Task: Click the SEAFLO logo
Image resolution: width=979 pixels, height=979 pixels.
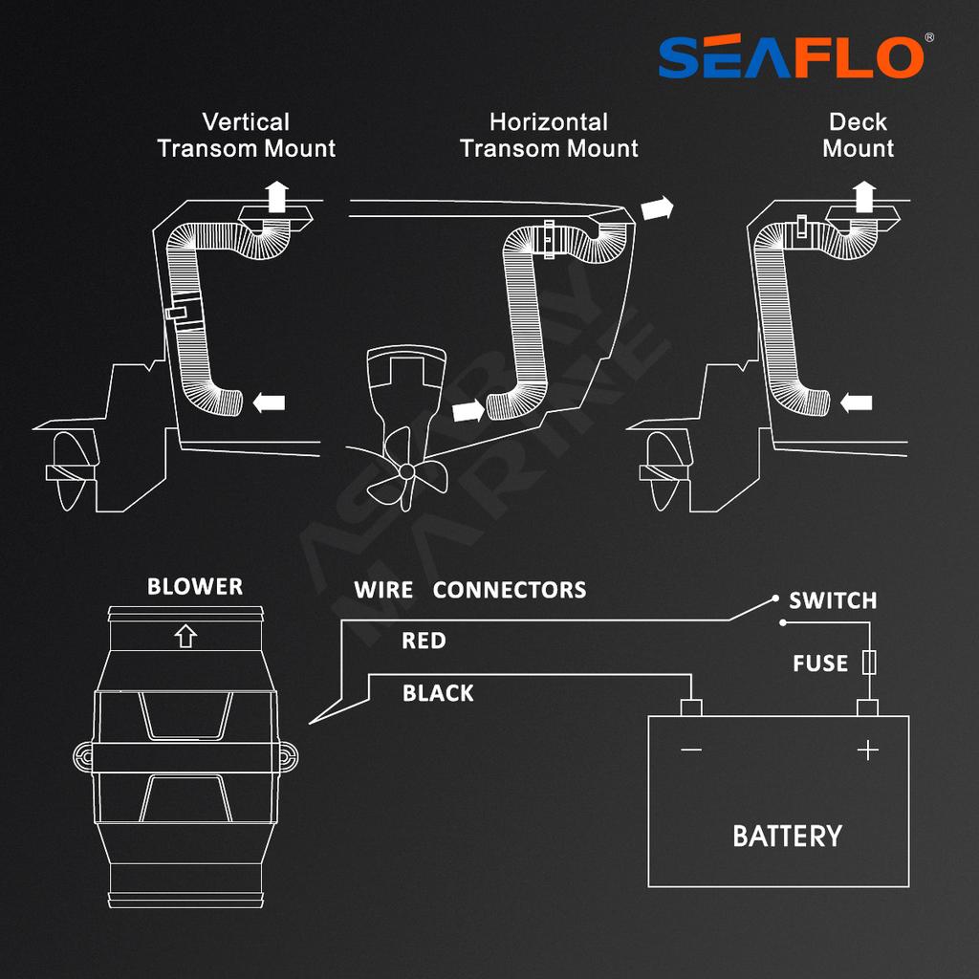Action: pyautogui.click(x=790, y=57)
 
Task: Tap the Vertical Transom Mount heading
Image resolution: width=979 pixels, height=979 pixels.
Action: pyautogui.click(x=247, y=136)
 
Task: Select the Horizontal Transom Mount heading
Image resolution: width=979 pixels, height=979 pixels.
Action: pyautogui.click(x=549, y=136)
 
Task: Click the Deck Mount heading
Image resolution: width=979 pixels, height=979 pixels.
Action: pyautogui.click(x=858, y=136)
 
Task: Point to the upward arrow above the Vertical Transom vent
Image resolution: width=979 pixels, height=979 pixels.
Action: pyautogui.click(x=277, y=195)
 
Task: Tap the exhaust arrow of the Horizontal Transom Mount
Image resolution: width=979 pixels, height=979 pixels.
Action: pyautogui.click(x=656, y=207)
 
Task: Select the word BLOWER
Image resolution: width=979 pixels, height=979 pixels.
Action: pyautogui.click(x=195, y=587)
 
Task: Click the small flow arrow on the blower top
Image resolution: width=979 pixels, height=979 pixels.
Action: pyautogui.click(x=186, y=634)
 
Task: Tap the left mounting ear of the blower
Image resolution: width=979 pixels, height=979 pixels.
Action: pyautogui.click(x=83, y=757)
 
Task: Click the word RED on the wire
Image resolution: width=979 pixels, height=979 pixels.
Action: pyautogui.click(x=424, y=641)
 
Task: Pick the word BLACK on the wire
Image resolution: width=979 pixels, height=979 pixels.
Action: pyautogui.click(x=438, y=693)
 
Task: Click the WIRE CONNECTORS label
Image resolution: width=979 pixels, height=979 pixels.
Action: pyautogui.click(x=469, y=590)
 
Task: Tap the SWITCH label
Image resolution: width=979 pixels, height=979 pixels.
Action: pyautogui.click(x=832, y=601)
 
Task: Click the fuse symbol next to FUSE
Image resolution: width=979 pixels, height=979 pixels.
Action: pyautogui.click(x=869, y=663)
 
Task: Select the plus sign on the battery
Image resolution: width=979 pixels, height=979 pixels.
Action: pyautogui.click(x=867, y=751)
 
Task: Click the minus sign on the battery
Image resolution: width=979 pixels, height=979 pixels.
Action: pyautogui.click(x=690, y=751)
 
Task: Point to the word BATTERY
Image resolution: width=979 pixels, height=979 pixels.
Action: pyautogui.click(x=787, y=837)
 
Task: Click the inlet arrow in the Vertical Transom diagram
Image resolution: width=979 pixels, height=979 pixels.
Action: pyautogui.click(x=270, y=403)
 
